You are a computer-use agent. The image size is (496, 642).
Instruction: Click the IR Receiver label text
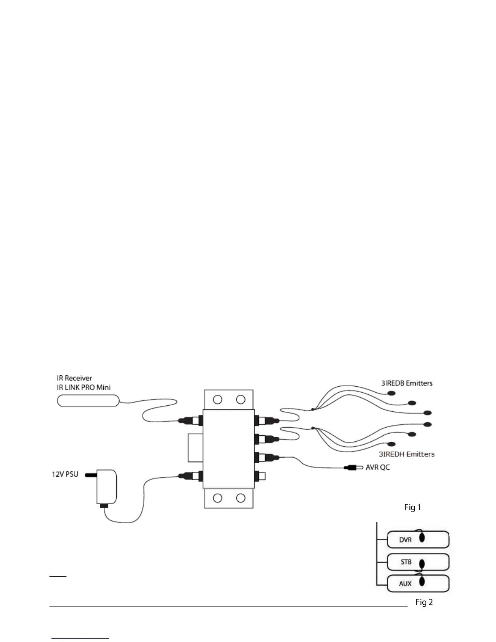74,378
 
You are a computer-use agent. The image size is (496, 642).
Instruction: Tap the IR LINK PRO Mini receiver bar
88,401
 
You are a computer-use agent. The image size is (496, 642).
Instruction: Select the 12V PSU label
65,474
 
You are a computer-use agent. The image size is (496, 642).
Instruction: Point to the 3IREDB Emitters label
406,383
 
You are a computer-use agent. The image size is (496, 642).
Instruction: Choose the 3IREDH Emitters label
406,454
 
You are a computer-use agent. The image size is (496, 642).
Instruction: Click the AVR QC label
378,467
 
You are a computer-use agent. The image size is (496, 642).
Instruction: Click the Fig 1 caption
413,507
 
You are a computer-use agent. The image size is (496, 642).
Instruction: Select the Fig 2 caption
424,602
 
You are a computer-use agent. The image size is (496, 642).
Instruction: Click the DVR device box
418,539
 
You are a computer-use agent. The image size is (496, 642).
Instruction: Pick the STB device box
418,562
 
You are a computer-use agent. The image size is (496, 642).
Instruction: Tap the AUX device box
418,583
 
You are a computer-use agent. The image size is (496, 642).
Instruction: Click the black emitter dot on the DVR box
422,538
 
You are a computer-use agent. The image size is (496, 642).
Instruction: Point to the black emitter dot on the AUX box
422,582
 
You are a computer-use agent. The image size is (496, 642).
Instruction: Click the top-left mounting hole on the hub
218,400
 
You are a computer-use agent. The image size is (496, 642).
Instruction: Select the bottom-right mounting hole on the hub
241,498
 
